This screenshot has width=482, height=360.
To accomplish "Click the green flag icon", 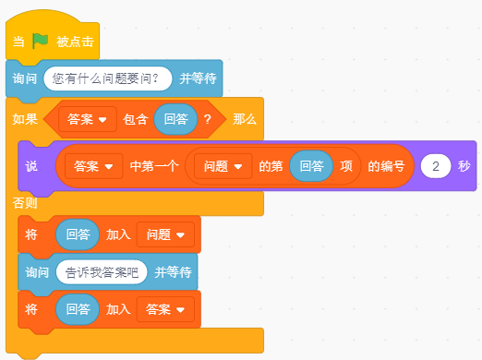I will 41,42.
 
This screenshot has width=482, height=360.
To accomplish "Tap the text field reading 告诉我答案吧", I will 101,272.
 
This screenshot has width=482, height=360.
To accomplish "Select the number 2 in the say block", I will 435,167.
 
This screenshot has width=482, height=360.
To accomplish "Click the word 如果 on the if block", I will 25,120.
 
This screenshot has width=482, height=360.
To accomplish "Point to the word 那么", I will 245,120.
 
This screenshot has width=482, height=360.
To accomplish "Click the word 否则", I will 25,202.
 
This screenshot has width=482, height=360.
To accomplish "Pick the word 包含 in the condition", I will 136,120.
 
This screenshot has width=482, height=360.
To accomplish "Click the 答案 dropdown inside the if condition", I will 86,120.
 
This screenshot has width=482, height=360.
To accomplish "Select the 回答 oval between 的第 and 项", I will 311,167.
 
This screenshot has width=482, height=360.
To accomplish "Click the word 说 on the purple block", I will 31,167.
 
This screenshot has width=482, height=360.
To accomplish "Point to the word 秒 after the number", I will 464,167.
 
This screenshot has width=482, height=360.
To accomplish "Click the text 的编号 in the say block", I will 386,167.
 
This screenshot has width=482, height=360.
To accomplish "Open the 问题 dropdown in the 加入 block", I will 166,235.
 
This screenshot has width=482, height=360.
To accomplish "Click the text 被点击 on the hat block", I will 74,42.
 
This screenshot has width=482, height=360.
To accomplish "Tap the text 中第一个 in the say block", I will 152,167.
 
